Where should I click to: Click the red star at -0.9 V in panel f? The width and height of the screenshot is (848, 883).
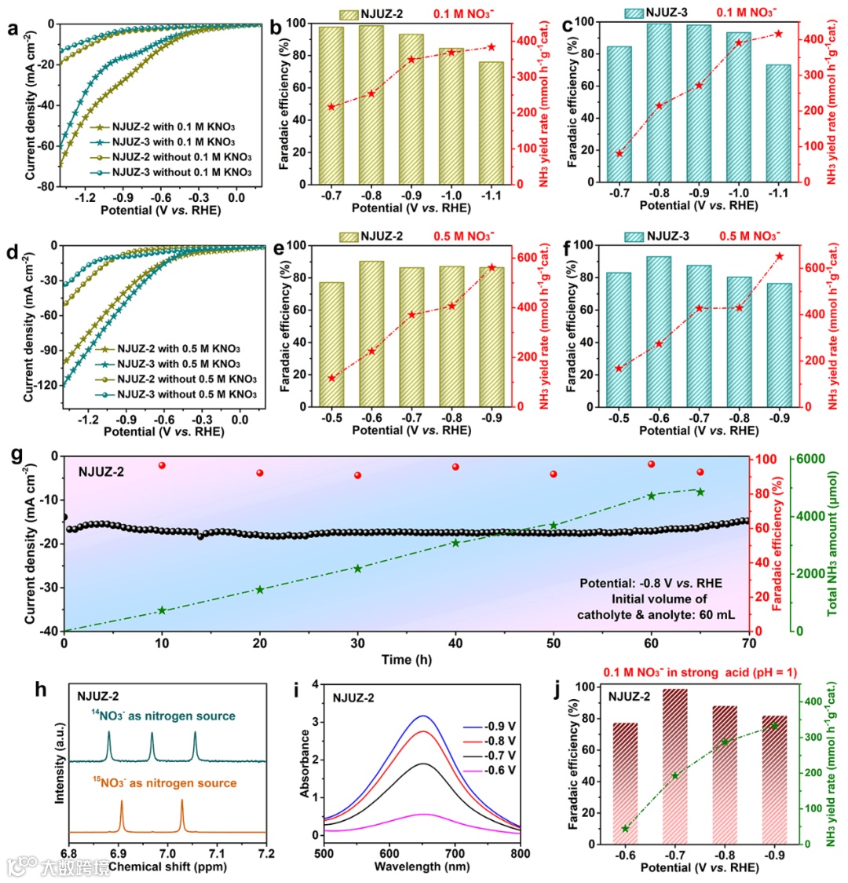(779, 256)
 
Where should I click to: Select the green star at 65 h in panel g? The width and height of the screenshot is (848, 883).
(700, 492)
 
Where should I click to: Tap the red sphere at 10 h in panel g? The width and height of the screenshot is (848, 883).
(162, 466)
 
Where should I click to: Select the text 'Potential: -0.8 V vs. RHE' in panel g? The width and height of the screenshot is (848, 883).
(650, 584)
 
